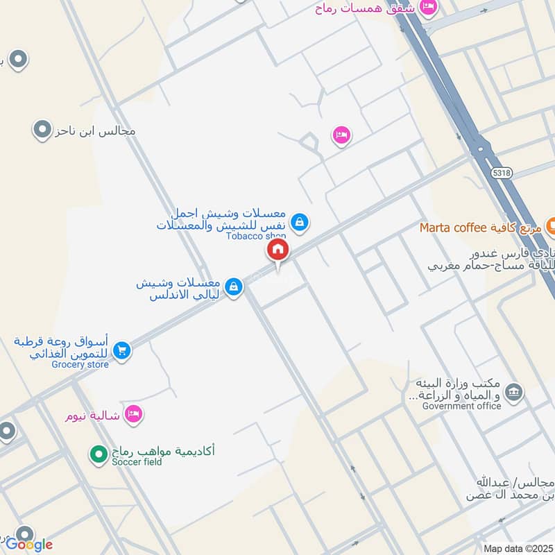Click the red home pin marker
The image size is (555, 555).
coord(277,250)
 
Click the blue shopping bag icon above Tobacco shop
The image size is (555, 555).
coord(299,222)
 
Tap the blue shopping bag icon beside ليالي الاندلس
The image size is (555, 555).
coord(234,286)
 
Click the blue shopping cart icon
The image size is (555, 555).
coord(121,351)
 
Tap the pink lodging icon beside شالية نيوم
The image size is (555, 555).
coord(133,414)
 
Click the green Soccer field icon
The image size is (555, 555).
coord(98,454)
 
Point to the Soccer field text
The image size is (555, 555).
coord(136,462)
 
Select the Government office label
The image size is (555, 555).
coord(461,406)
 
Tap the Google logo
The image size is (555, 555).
coord(29,544)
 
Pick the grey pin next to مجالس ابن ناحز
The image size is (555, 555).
coord(42,129)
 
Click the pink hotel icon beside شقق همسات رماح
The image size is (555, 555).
coord(428,7)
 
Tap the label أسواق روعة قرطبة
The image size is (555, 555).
coord(62,341)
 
